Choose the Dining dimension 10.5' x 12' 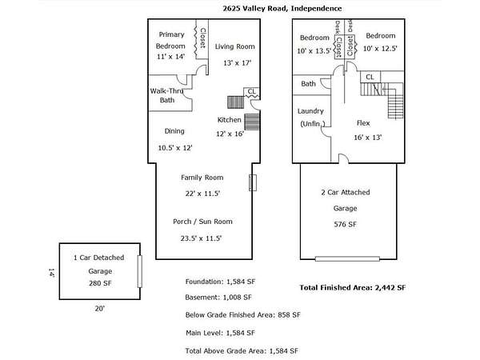pos(175,147)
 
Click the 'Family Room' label pos(202,178)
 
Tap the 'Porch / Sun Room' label pos(202,222)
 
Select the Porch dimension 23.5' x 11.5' pos(202,238)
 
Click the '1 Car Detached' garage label pos(99,258)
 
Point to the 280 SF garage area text pos(99,283)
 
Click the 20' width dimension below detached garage pos(99,306)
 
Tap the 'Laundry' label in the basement pos(310,111)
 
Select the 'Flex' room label pos(363,123)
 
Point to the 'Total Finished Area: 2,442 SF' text pos(353,287)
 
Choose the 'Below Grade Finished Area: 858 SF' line pos(242,315)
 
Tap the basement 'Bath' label pos(308,84)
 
